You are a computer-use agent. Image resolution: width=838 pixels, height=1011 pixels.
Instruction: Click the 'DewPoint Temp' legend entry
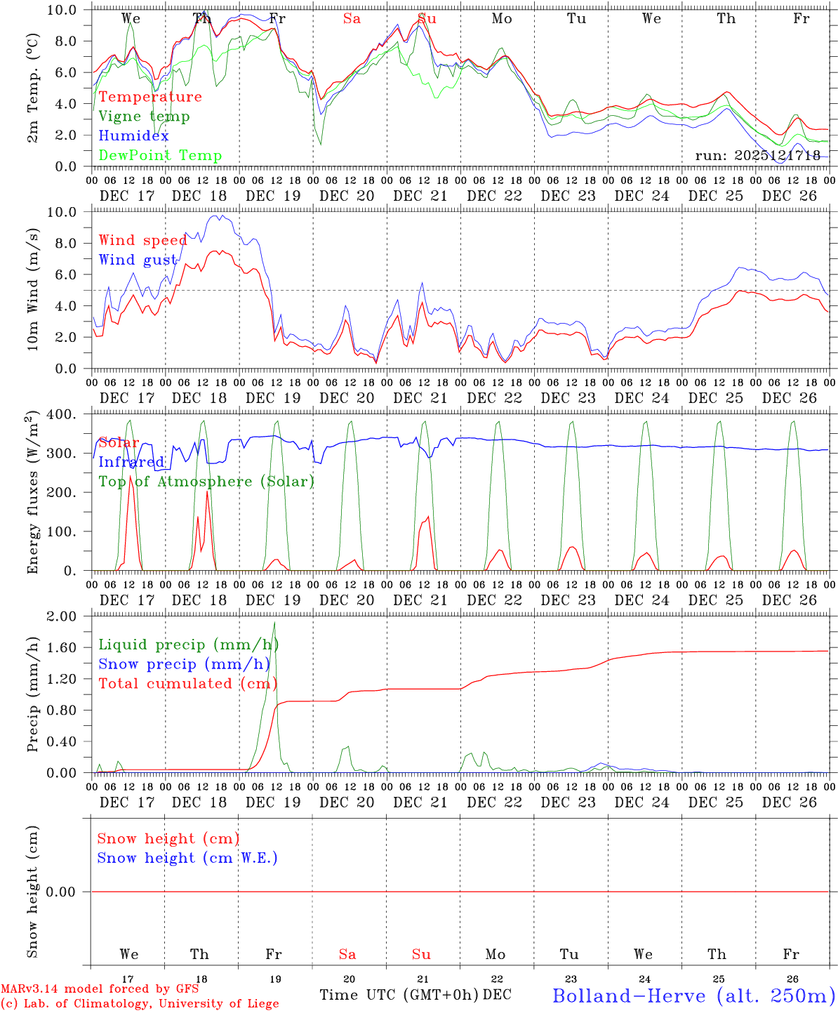click(x=160, y=156)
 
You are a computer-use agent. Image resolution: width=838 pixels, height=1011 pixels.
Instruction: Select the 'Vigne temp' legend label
click(x=144, y=117)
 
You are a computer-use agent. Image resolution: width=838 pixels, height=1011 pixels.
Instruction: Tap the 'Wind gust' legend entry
click(x=138, y=260)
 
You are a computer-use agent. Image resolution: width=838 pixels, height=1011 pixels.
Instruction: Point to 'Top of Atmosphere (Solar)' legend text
click(x=206, y=482)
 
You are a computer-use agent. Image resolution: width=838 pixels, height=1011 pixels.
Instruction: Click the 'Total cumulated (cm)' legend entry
click(x=188, y=684)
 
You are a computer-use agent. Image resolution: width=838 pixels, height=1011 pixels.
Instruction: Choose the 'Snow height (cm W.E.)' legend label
click(x=187, y=858)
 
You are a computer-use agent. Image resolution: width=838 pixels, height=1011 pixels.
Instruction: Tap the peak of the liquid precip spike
click(x=274, y=623)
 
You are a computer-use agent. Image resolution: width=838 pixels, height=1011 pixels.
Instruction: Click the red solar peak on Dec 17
click(x=130, y=477)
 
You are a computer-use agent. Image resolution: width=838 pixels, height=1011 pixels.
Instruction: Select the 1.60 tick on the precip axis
click(x=62, y=647)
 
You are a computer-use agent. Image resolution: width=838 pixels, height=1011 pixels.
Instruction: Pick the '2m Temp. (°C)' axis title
click(x=33, y=88)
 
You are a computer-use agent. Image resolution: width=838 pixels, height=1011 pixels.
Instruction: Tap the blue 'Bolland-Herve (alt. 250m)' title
click(x=693, y=995)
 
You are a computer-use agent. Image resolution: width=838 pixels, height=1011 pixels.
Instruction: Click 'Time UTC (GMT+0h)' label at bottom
click(x=399, y=995)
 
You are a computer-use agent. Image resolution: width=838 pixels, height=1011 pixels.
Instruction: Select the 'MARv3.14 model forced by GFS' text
click(x=100, y=989)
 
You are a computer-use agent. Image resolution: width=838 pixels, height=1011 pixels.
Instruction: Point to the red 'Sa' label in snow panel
click(x=347, y=954)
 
